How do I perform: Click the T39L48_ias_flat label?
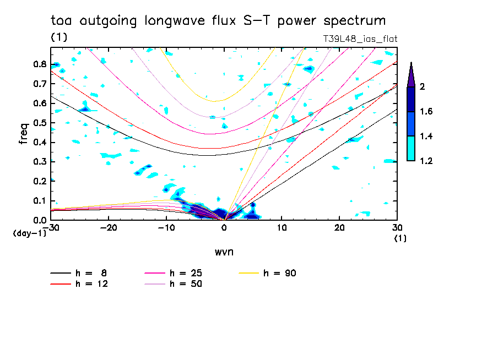click(360, 39)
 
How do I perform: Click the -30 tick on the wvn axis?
click(51, 227)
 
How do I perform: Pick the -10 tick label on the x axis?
click(166, 227)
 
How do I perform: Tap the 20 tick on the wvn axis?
click(339, 227)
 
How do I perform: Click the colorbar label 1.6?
click(426, 112)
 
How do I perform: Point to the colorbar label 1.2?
click(426, 161)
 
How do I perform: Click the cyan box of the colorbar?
click(411, 149)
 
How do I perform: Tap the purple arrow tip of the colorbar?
click(411, 74)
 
